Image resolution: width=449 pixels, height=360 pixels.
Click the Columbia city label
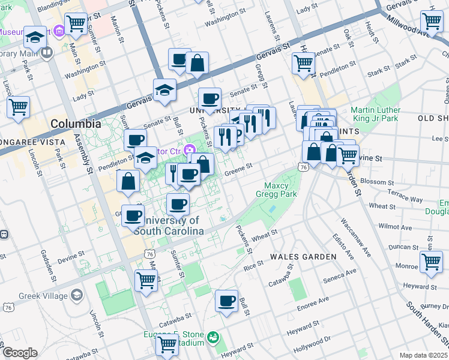(76, 124)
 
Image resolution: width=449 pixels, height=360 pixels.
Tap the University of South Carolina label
(168, 226)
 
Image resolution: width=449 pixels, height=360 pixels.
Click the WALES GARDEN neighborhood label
(303, 257)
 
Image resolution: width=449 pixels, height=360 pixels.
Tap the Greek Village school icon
(77, 295)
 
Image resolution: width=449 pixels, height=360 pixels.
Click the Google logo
(20, 353)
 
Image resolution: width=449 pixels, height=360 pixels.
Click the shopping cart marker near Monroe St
(431, 262)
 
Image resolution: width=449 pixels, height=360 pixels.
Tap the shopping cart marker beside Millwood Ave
(431, 21)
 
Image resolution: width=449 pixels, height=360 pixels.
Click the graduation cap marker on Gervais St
(164, 90)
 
